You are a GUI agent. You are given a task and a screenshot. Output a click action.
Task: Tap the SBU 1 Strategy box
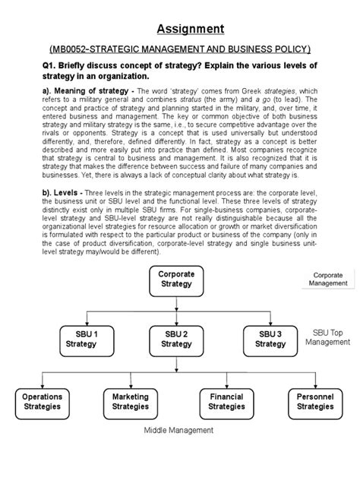pos(81,337)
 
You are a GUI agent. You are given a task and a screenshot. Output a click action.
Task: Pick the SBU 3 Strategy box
pos(270,337)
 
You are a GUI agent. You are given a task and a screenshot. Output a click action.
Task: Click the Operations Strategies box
pos(42,401)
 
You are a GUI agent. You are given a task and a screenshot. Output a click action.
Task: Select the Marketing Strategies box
pos(130,401)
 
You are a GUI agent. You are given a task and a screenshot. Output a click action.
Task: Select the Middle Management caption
pos(179,430)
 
